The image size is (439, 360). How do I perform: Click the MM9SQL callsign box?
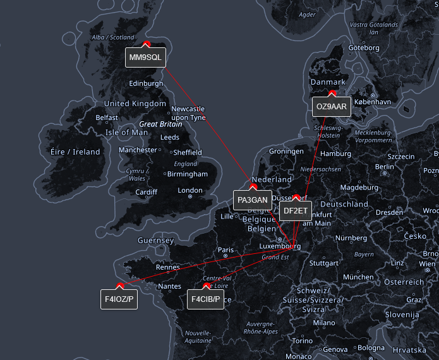click(x=146, y=57)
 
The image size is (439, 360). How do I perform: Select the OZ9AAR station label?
click(x=332, y=107)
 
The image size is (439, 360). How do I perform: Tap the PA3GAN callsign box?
click(x=253, y=200)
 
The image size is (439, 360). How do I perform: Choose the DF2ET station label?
click(x=296, y=210)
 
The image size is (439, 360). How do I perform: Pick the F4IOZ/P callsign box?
click(x=119, y=299)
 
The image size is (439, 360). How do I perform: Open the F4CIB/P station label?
click(x=206, y=299)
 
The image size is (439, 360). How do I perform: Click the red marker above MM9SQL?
click(x=146, y=44)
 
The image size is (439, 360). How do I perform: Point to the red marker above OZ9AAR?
click(x=332, y=93)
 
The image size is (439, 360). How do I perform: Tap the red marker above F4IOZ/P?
click(x=119, y=286)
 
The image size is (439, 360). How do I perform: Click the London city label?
click(x=190, y=190)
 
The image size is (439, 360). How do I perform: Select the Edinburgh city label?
click(x=146, y=83)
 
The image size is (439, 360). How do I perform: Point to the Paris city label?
click(x=226, y=250)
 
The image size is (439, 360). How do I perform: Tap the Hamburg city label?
click(x=335, y=153)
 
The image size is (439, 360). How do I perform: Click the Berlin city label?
click(x=385, y=167)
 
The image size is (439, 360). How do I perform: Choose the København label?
click(x=373, y=101)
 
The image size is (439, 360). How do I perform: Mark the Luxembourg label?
click(x=280, y=246)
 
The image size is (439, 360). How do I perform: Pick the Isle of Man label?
click(x=126, y=133)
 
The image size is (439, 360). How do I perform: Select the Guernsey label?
click(x=155, y=241)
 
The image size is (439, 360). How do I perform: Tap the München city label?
click(x=358, y=277)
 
